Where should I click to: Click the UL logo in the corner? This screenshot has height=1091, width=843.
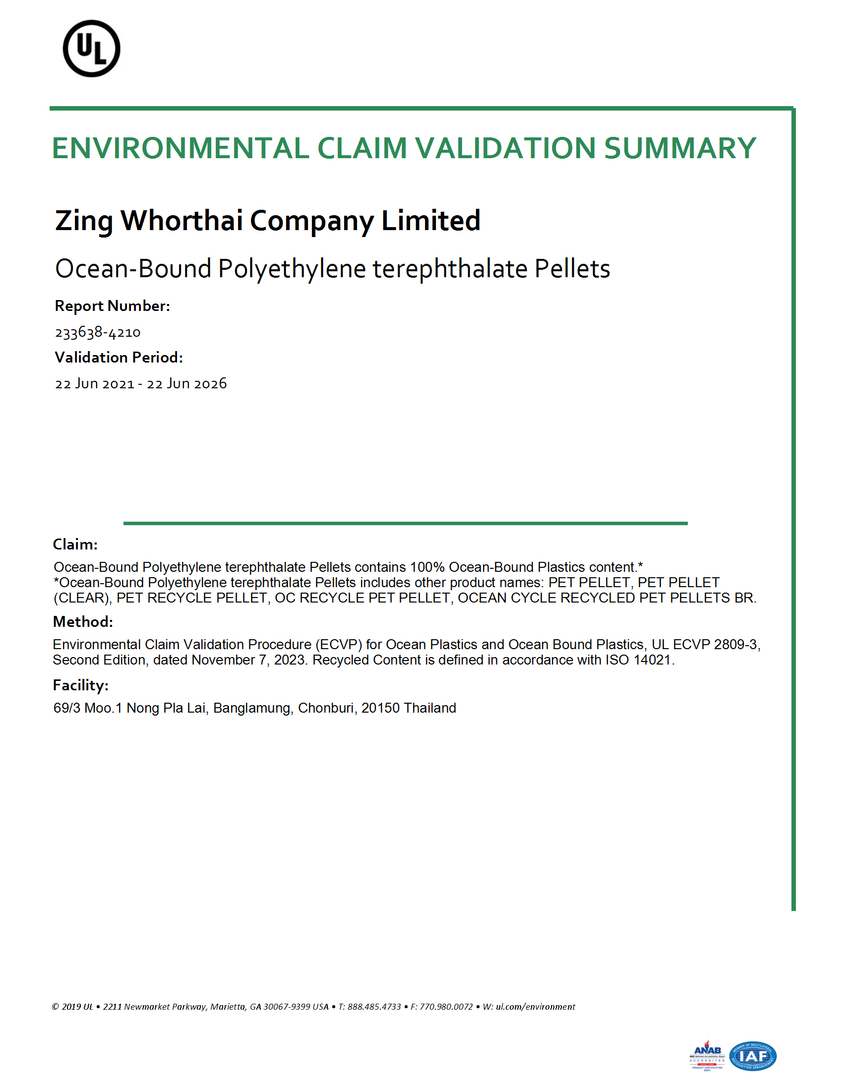click(91, 49)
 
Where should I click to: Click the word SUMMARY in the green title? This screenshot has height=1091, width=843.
click(680, 148)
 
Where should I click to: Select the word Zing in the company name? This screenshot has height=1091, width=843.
click(84, 221)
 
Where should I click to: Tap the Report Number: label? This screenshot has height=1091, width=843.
click(113, 305)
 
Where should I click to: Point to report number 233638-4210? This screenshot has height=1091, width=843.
click(98, 332)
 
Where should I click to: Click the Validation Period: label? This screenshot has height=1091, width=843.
click(119, 357)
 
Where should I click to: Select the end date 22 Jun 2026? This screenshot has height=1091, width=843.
click(187, 384)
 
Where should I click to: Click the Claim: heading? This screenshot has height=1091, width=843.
click(75, 544)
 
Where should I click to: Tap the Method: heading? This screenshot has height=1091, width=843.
click(83, 621)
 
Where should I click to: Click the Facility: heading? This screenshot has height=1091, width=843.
click(80, 685)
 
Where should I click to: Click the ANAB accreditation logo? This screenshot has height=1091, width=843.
click(707, 1055)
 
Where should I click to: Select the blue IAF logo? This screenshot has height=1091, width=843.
click(753, 1056)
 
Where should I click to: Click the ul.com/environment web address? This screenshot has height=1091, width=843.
click(536, 1007)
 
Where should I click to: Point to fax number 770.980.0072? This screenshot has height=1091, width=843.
click(446, 1007)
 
